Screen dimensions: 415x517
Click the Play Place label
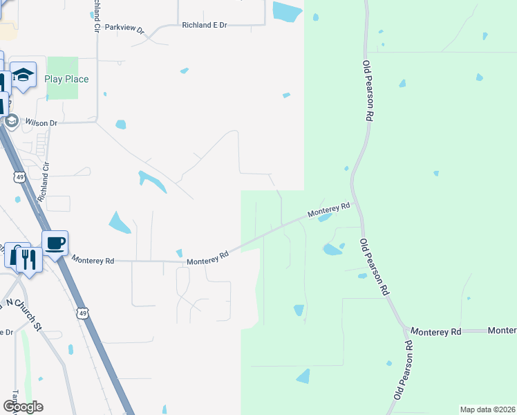click(66, 79)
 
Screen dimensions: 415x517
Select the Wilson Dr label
click(41, 122)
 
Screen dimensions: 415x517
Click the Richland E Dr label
click(205, 25)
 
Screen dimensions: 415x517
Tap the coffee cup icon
click(55, 243)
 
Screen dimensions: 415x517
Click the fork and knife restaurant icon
click(28, 259)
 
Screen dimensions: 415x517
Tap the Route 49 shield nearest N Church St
click(82, 314)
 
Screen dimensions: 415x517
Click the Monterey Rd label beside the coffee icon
click(92, 261)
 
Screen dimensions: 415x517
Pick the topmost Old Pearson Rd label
click(368, 91)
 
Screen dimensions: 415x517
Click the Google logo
click(23, 406)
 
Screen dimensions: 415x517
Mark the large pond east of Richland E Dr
click(287, 11)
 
